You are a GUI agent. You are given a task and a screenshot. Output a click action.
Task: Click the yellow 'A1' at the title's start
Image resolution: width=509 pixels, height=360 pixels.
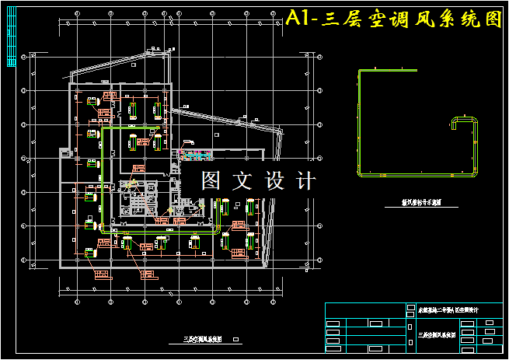[x=298, y=19]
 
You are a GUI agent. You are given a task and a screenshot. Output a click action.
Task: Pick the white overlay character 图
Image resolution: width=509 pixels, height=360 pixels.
[x=211, y=181]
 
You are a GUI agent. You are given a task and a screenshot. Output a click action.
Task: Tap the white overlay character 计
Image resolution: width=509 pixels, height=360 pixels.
[x=306, y=181]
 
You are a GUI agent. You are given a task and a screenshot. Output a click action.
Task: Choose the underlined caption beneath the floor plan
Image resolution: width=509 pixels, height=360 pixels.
[x=203, y=339]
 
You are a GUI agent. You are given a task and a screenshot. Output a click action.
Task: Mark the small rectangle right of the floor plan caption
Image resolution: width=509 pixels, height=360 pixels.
[x=236, y=339]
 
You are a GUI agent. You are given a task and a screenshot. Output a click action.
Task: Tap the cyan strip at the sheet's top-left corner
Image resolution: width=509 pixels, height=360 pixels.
[x=10, y=47]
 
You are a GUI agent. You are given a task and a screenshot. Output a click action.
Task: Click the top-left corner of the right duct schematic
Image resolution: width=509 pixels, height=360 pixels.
[x=359, y=72]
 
